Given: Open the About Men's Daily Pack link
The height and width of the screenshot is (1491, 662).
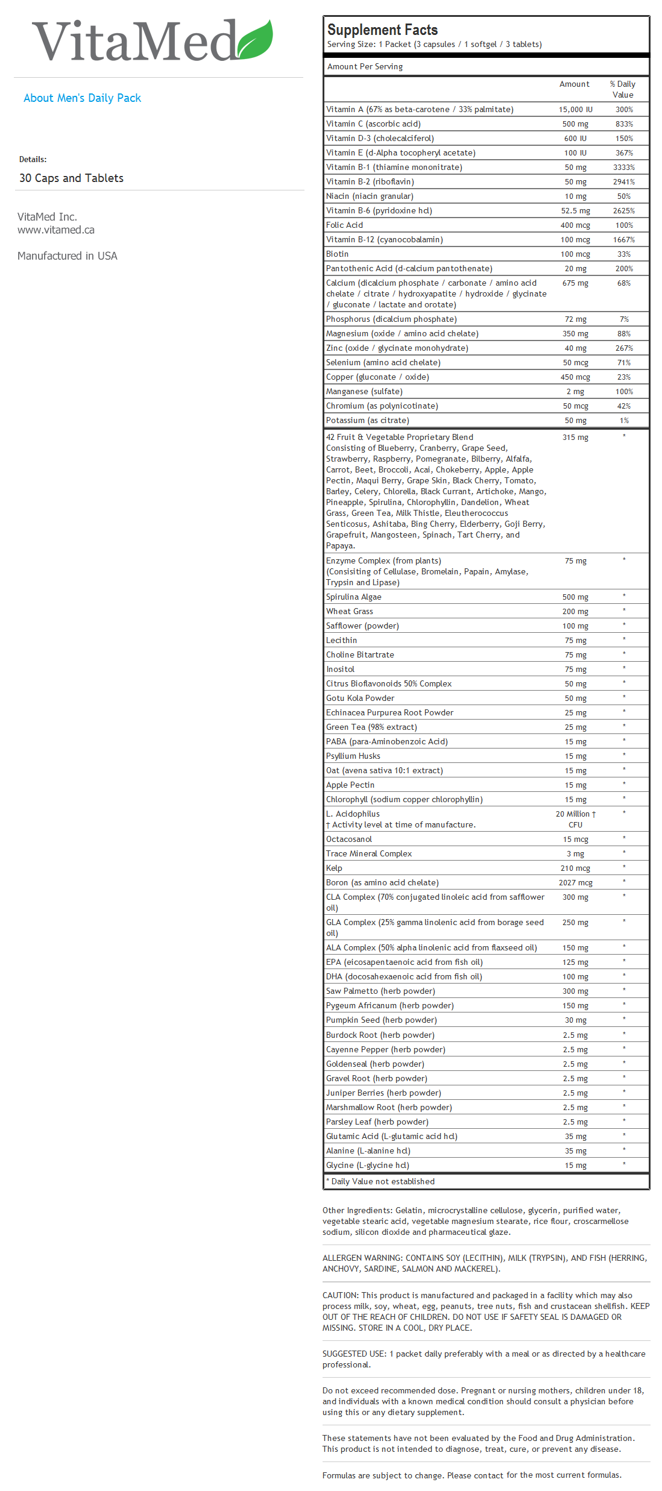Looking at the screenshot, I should click(x=82, y=98).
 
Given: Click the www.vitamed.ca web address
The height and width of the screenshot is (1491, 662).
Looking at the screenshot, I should click(x=56, y=230).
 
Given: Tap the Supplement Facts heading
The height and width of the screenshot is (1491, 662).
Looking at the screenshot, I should click(x=382, y=30).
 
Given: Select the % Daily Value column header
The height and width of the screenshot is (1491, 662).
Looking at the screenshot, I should click(x=623, y=89).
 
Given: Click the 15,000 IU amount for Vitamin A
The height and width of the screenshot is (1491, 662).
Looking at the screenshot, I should click(x=575, y=110).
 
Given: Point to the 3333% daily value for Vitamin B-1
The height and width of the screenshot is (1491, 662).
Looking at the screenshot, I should click(x=624, y=168).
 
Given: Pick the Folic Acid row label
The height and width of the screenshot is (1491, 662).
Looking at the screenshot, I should click(x=344, y=225).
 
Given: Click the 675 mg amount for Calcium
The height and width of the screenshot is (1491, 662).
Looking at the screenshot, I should click(x=575, y=283).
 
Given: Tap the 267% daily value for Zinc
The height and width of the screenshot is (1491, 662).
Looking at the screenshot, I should click(x=624, y=348).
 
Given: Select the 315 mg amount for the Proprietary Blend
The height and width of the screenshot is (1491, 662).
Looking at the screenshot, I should click(x=575, y=438).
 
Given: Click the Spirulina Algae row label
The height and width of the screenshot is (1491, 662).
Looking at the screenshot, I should click(x=353, y=597).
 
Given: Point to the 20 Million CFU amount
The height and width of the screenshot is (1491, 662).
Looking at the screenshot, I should click(x=575, y=819).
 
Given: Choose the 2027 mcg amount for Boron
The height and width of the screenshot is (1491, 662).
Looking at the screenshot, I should click(x=575, y=883).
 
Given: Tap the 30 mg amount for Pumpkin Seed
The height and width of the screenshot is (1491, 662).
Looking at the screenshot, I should click(x=575, y=1020).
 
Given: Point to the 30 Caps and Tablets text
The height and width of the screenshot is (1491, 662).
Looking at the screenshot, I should click(x=71, y=178).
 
